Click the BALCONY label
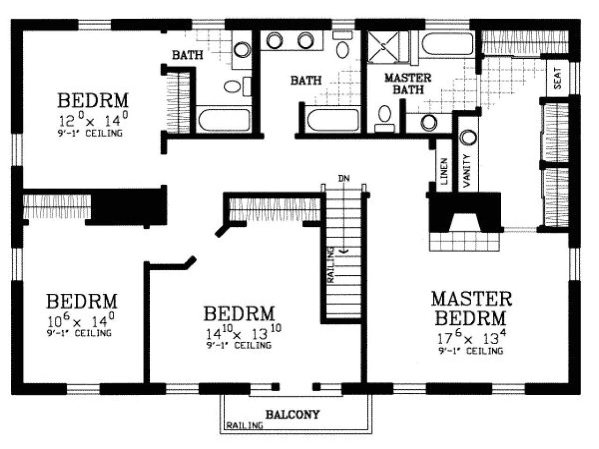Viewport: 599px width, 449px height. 292,414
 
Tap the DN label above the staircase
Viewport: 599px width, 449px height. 343,178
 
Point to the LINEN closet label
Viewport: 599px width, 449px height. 444,170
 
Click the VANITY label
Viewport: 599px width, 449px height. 467,171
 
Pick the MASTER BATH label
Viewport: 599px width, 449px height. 408,83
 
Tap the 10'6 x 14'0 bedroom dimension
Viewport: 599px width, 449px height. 80,320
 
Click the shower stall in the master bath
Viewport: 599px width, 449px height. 383,46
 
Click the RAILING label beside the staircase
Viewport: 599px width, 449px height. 331,265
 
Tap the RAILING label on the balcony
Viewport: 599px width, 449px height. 244,426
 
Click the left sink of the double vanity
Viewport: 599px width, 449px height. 275,41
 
